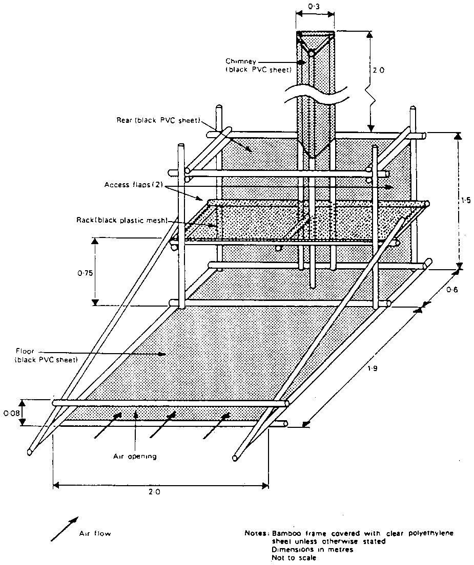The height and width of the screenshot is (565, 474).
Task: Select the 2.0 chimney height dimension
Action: [x=378, y=70]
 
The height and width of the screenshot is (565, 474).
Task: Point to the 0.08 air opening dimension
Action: [x=10, y=411]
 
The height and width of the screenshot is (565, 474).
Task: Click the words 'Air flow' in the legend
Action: [x=95, y=533]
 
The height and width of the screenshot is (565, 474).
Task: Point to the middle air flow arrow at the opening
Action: [x=164, y=423]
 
